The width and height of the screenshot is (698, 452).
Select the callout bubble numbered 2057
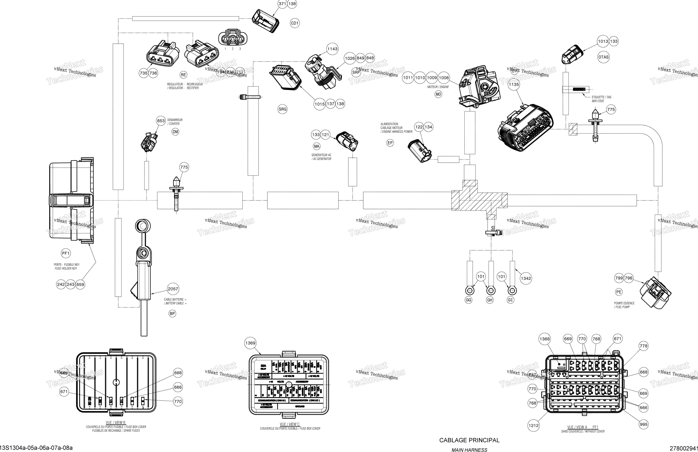(173, 289)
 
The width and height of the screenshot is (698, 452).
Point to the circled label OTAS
(603, 57)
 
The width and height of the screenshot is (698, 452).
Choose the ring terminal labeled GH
(491, 291)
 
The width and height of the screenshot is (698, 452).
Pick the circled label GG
(469, 300)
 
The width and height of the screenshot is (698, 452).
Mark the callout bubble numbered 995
(643, 424)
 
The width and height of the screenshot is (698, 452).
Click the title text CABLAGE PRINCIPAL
(469, 440)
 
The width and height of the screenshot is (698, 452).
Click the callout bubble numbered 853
(161, 121)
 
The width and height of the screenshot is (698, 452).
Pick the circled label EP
(390, 143)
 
